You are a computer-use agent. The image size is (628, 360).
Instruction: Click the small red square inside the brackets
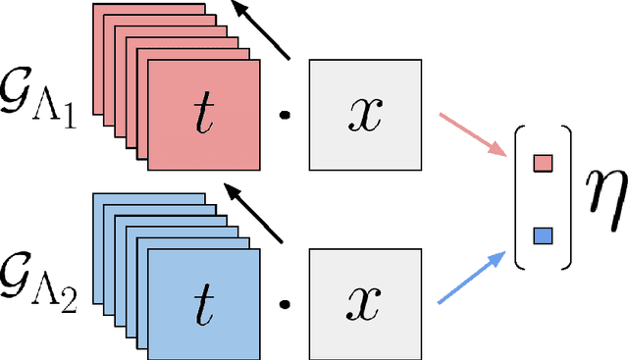tap(542, 162)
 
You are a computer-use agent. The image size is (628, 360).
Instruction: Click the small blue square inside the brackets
tap(542, 235)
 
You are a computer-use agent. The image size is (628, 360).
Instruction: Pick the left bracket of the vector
tap(520, 199)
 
